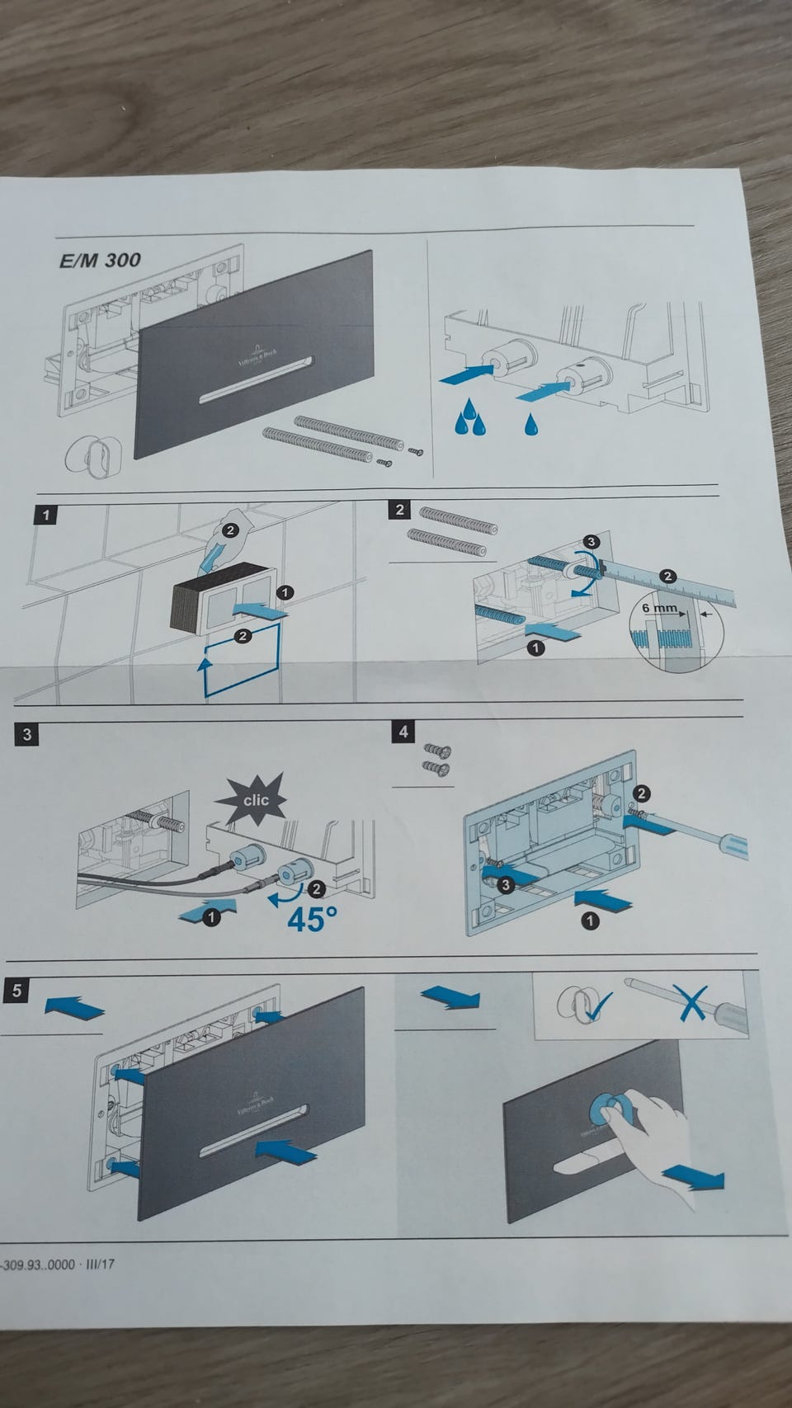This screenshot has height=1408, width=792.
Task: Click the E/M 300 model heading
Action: pyautogui.click(x=100, y=261)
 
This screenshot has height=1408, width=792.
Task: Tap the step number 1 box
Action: pyautogui.click(x=46, y=516)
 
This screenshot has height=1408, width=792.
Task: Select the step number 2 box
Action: pyautogui.click(x=400, y=509)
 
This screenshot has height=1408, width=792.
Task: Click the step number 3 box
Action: pyautogui.click(x=27, y=734)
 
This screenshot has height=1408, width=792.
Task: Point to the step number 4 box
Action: pyautogui.click(x=403, y=732)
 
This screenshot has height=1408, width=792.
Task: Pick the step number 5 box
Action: pyautogui.click(x=16, y=991)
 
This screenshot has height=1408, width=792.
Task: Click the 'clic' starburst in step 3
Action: pyautogui.click(x=254, y=799)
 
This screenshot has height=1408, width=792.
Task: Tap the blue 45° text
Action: pyautogui.click(x=312, y=918)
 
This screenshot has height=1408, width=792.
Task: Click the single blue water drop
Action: pyautogui.click(x=530, y=424)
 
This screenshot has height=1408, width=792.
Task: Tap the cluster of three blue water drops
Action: pyautogui.click(x=471, y=417)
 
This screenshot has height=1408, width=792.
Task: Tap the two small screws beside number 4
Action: pyautogui.click(x=436, y=759)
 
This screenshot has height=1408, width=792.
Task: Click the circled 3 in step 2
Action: pyautogui.click(x=590, y=542)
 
